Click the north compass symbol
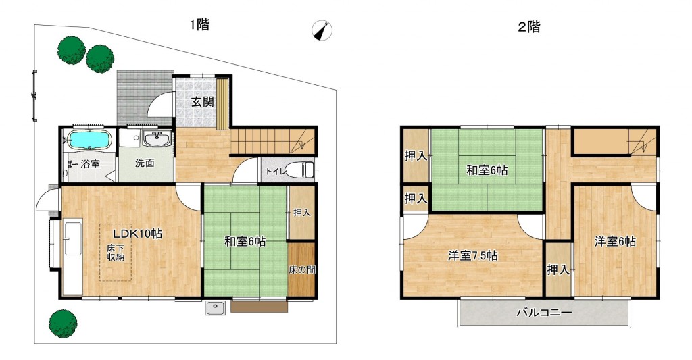tap(322, 31)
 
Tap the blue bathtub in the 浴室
tap(90, 140)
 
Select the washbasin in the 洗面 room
tap(157, 139)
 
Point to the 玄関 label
tap(203, 102)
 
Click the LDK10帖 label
tap(137, 234)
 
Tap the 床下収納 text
tap(116, 253)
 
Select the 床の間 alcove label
tap(302, 269)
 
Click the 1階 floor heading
tap(199, 24)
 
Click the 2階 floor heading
tap(528, 27)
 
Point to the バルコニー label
tap(544, 313)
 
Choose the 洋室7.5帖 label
tap(472, 255)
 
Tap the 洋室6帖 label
tap(615, 241)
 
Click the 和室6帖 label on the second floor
tap(487, 170)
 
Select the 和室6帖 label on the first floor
tap(245, 241)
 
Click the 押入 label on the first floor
tap(302, 213)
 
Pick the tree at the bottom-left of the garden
tap(63, 324)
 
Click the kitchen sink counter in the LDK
tap(73, 257)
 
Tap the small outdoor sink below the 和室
tap(216, 307)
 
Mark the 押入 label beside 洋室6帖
tap(558, 269)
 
